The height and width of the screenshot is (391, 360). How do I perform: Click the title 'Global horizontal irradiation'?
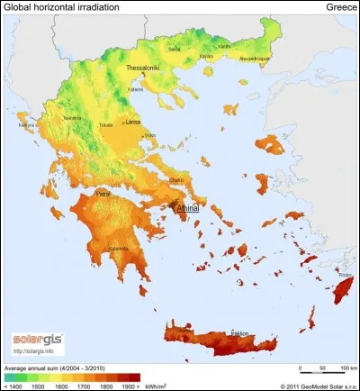58,7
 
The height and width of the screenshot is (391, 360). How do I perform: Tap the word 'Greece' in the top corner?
337,7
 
